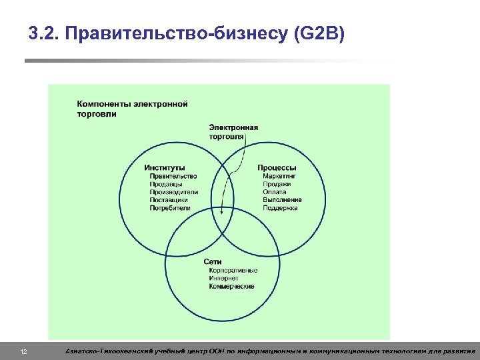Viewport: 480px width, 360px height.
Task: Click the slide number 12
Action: click(23, 351)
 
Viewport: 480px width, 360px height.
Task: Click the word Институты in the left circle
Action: click(165, 167)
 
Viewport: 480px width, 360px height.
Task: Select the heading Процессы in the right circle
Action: click(277, 167)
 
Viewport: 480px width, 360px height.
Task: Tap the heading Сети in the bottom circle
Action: click(213, 262)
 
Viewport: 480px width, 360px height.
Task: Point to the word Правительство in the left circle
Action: click(173, 176)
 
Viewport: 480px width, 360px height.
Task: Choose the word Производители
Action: click(174, 192)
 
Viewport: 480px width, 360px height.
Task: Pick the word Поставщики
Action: click(169, 200)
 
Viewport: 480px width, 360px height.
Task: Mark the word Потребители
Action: click(170, 208)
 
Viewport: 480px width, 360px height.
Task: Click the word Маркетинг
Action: click(279, 176)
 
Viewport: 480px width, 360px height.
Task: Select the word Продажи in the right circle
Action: click(276, 184)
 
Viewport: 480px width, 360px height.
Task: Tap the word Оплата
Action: click(274, 192)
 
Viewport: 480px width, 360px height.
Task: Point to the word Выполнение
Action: click(282, 200)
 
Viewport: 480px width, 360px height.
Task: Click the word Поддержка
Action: click(280, 208)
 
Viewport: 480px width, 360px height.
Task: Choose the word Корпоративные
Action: click(233, 271)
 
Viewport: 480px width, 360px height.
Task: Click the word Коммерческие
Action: click(231, 287)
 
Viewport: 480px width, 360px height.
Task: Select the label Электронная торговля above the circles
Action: click(233, 131)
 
